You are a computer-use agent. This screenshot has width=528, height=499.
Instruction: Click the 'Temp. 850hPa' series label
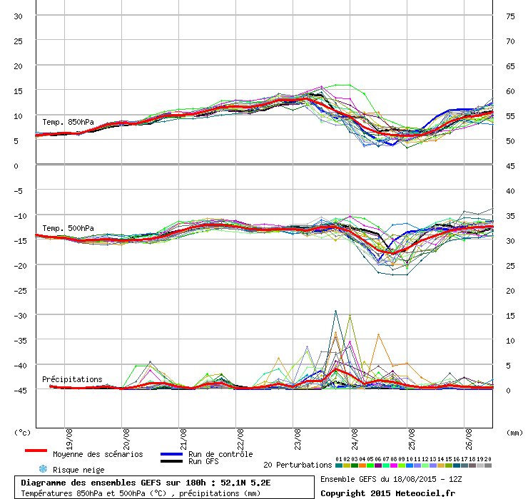pos(68,122)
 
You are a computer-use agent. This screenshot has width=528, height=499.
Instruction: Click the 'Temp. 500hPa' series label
pos(68,228)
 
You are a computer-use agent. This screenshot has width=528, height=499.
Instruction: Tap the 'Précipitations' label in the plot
pos(72,379)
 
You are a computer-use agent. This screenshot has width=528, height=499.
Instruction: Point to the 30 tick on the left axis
pos(18,16)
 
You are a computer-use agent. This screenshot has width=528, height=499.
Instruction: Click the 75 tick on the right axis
pos(510,16)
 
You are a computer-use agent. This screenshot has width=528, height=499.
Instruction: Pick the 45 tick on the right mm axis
pos(510,166)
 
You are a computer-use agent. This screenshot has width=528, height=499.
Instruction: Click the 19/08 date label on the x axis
pos(69,439)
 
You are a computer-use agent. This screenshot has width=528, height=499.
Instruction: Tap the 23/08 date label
pos(298,439)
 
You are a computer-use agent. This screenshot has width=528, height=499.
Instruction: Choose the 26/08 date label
pos(469,439)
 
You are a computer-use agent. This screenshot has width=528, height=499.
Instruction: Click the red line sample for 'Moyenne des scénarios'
pos(36,451)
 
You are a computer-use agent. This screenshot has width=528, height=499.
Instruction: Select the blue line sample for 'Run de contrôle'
pos(172,454)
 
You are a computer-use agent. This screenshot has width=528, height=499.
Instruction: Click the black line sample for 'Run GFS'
pos(172,461)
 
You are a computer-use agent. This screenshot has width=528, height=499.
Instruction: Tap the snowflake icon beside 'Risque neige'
pos(43,469)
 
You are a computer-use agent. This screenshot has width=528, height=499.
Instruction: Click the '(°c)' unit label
pos(23,433)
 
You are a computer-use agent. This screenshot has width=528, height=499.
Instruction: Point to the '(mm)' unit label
pos(514,433)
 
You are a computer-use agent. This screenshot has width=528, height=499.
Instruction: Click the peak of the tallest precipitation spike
pos(336,311)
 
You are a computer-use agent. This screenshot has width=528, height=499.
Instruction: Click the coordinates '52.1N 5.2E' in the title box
pos(245,483)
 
